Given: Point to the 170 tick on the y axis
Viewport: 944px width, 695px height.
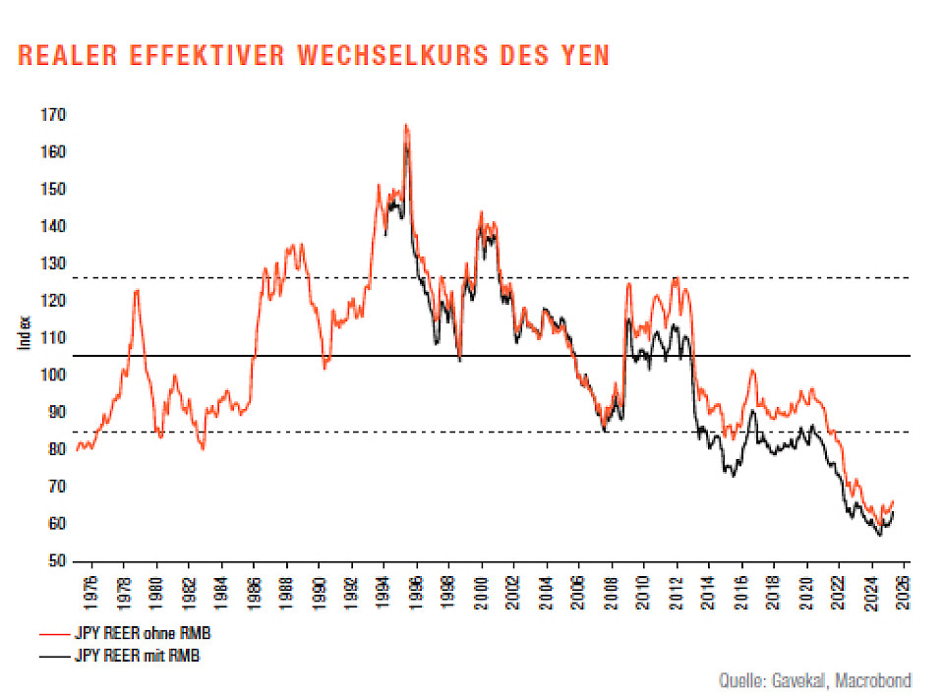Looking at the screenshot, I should [x=54, y=115].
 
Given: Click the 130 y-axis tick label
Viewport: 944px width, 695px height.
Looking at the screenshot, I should [x=54, y=263].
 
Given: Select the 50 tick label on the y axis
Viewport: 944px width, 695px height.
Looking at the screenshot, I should [x=57, y=561].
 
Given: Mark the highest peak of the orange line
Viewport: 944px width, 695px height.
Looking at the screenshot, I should [x=405, y=126].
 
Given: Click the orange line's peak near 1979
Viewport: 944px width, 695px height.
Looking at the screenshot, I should [x=137, y=289].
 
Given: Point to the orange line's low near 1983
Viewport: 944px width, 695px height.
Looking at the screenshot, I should [x=203, y=448].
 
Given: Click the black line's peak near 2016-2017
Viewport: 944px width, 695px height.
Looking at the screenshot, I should [x=752, y=410].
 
